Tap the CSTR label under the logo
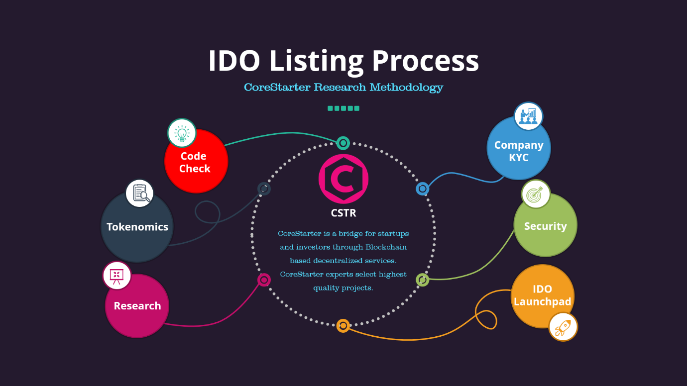pyautogui.click(x=343, y=213)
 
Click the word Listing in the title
pyautogui.click(x=316, y=61)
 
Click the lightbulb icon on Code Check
pyautogui.click(x=182, y=133)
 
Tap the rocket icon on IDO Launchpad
pyautogui.click(x=563, y=327)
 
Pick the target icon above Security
pyautogui.click(x=536, y=194)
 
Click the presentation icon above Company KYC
pyautogui.click(x=528, y=116)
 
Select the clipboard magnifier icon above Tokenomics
pyautogui.click(x=139, y=193)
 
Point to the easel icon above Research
pyautogui.click(x=116, y=275)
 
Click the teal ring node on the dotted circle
pyautogui.click(x=343, y=143)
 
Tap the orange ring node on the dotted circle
pyautogui.click(x=343, y=326)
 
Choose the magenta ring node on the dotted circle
pyautogui.click(x=264, y=280)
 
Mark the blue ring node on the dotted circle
pyautogui.click(x=422, y=189)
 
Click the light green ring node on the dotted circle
pyautogui.click(x=422, y=280)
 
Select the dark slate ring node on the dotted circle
pyautogui.click(x=264, y=189)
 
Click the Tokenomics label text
pyautogui.click(x=137, y=227)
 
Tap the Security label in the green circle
pyautogui.click(x=545, y=226)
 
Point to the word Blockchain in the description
pyautogui.click(x=386, y=247)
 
